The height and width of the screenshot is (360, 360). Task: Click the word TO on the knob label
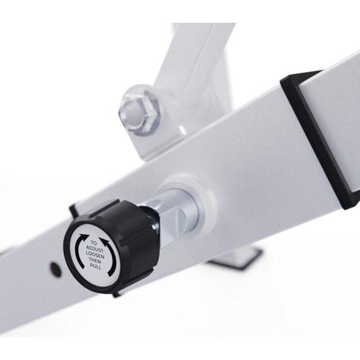[x=93, y=243]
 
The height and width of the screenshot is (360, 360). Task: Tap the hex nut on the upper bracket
[x=138, y=112]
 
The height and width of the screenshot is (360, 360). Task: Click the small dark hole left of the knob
[x=56, y=268]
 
